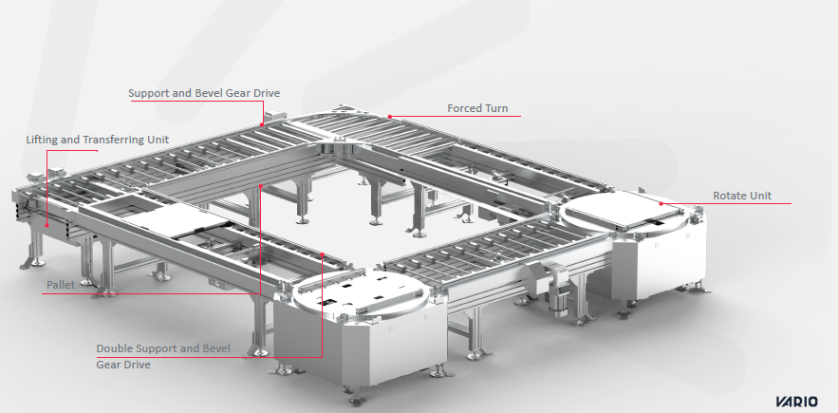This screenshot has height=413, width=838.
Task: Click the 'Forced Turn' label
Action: tap(477, 108)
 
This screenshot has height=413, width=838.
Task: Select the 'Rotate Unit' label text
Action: tap(742, 196)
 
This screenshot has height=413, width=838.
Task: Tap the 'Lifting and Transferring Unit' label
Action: tap(97, 140)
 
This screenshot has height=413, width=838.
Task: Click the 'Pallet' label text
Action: tap(61, 285)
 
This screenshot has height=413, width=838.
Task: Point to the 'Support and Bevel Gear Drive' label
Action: tap(204, 93)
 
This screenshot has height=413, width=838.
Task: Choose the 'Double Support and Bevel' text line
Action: tap(163, 348)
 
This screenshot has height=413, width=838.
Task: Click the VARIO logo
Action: tap(796, 402)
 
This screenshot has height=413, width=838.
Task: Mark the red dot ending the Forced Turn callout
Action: tap(390, 116)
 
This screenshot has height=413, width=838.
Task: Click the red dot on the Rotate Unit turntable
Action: tap(661, 203)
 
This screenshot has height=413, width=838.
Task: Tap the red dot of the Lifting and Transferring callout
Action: tap(47, 225)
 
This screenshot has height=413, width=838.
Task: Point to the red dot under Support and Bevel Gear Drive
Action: tap(262, 124)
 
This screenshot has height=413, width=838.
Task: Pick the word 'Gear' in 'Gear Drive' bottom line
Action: tap(108, 365)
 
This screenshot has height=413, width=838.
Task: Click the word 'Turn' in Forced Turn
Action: tap(495, 108)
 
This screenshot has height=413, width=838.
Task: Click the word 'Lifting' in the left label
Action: tap(42, 140)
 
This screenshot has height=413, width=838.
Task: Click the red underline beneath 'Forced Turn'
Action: tap(456, 116)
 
